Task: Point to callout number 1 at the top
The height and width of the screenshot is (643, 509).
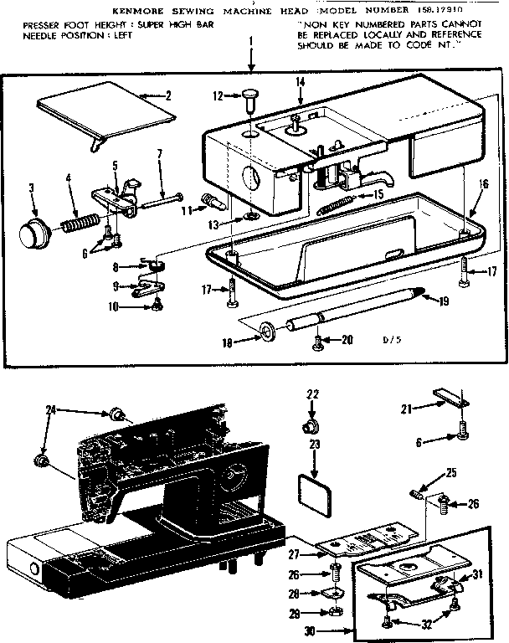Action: (249, 41)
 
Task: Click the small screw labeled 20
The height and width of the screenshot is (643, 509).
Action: (317, 341)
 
